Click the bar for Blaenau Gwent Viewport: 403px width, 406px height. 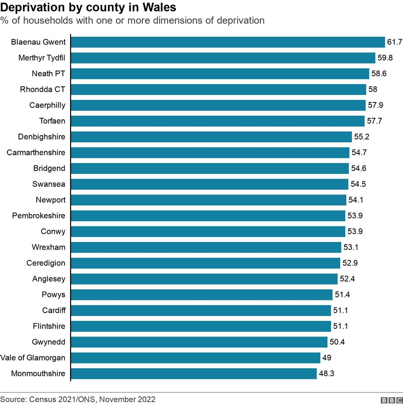pyautogui.click(x=228, y=42)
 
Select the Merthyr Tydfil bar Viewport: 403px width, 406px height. pyautogui.click(x=223, y=58)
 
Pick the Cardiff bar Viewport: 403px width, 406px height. pyautogui.click(x=201, y=311)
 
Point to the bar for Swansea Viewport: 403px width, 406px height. pyautogui.click(x=209, y=184)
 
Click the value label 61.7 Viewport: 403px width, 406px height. pyautogui.click(x=394, y=42)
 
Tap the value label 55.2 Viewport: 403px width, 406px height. pyautogui.click(x=361, y=137)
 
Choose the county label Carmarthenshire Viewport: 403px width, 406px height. pyautogui.click(x=36, y=153)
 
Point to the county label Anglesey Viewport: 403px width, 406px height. pyautogui.click(x=48, y=279)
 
